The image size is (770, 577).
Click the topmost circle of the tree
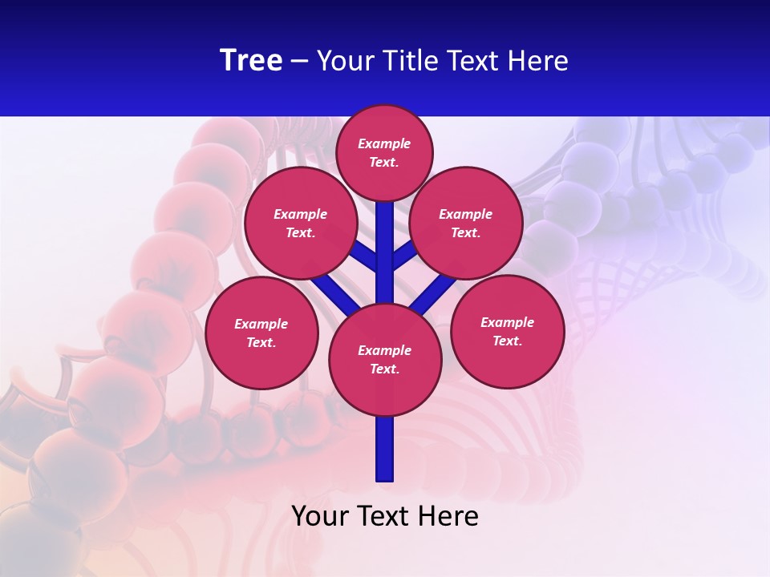384,152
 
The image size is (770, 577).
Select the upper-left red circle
301,223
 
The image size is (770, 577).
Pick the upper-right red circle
466,223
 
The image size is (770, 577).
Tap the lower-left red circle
261,333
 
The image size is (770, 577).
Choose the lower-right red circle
507,331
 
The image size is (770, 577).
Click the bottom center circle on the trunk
385,359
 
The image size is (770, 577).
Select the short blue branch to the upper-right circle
403,256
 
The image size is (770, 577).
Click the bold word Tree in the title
251,60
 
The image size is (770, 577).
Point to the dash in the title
300,61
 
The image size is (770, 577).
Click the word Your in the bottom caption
320,515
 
